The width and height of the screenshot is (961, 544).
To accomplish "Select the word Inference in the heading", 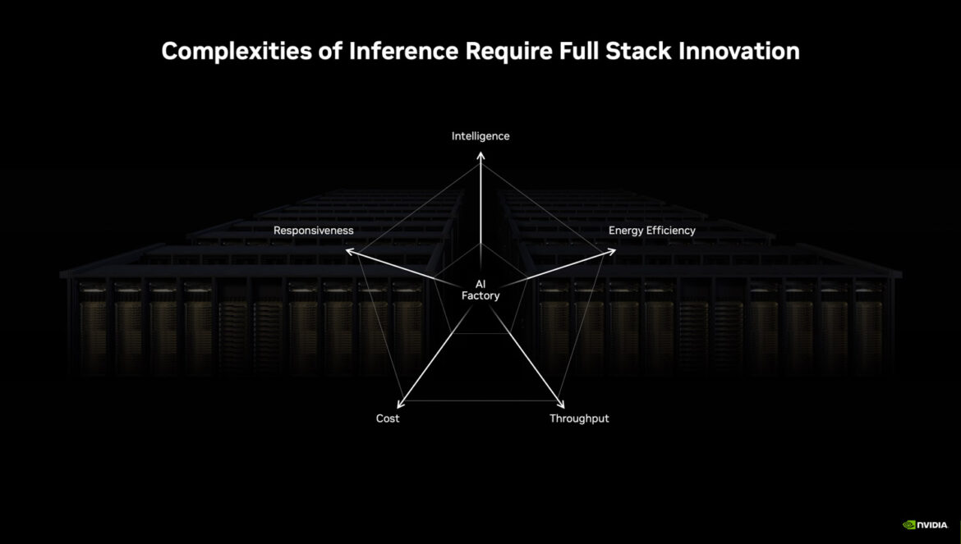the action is pyautogui.click(x=403, y=50).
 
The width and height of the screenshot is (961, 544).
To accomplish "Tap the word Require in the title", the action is pyautogui.click(x=508, y=52).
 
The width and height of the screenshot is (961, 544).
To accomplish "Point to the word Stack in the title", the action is pyautogui.click(x=638, y=50).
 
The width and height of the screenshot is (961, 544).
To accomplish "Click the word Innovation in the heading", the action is pyautogui.click(x=738, y=50).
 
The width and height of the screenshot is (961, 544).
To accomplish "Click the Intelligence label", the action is pyautogui.click(x=480, y=136).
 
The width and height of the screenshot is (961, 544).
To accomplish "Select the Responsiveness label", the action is pyautogui.click(x=313, y=231).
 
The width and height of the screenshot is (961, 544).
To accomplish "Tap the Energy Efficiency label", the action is pyautogui.click(x=651, y=231).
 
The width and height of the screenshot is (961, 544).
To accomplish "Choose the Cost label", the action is pyautogui.click(x=388, y=418).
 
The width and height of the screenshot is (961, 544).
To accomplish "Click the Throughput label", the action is pyautogui.click(x=579, y=418).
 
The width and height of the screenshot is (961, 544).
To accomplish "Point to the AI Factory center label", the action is pyautogui.click(x=480, y=290).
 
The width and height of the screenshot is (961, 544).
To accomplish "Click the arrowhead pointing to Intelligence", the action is pyautogui.click(x=480, y=156).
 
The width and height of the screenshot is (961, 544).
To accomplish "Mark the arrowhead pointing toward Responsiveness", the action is pyautogui.click(x=350, y=251).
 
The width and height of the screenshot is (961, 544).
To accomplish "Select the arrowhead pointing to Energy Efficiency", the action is pyautogui.click(x=611, y=251).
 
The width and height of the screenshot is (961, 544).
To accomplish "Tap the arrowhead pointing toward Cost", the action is pyautogui.click(x=401, y=404).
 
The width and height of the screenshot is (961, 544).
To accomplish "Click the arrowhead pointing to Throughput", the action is pyautogui.click(x=560, y=404).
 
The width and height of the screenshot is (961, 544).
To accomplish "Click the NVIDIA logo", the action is pyautogui.click(x=926, y=525).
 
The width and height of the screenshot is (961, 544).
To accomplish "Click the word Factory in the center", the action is pyautogui.click(x=480, y=295).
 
